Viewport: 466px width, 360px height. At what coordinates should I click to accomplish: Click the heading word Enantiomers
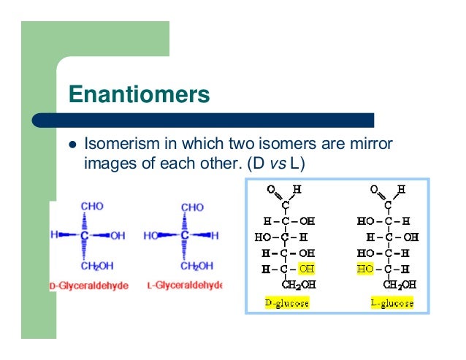point(139,94)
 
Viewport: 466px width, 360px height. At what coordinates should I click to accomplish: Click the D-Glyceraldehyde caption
point(88,285)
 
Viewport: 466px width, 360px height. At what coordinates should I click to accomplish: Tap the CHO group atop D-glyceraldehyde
point(91,207)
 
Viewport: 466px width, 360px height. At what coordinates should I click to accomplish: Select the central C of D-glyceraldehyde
point(85,236)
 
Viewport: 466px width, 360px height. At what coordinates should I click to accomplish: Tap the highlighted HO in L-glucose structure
point(364,269)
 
